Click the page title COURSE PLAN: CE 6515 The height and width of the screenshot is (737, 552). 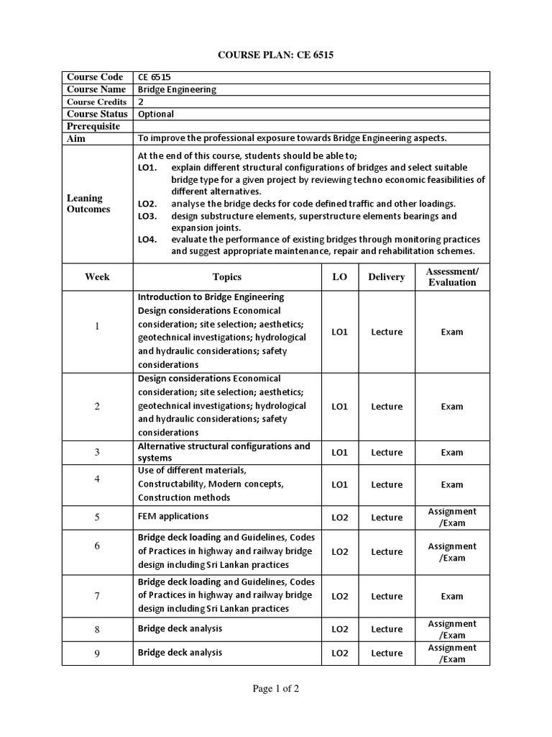[x=276, y=54]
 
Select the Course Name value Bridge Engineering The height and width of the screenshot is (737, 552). [x=176, y=90]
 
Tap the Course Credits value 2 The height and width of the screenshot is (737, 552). [x=141, y=102]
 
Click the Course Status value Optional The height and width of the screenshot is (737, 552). [x=156, y=114]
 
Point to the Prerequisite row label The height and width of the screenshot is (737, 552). [x=96, y=126]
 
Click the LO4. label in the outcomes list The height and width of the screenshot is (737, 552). [x=147, y=239]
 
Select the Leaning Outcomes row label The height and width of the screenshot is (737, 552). [x=88, y=204]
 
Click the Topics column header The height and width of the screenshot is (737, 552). [x=227, y=277]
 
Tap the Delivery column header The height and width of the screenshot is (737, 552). [x=387, y=277]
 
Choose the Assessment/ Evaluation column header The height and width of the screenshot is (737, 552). [x=452, y=277]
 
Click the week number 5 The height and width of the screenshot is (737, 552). [x=97, y=517]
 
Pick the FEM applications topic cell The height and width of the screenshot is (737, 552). [x=173, y=516]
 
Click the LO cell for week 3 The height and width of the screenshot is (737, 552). [x=339, y=453]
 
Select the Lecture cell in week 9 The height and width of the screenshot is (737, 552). [x=387, y=654]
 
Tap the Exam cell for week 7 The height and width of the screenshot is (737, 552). [x=452, y=596]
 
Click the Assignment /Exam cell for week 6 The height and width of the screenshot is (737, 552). [x=452, y=552]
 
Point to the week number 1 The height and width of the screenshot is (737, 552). [x=97, y=327]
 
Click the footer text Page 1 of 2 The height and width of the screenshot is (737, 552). [x=276, y=689]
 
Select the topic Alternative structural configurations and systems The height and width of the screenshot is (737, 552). [x=224, y=452]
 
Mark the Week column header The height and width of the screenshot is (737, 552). [x=97, y=277]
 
